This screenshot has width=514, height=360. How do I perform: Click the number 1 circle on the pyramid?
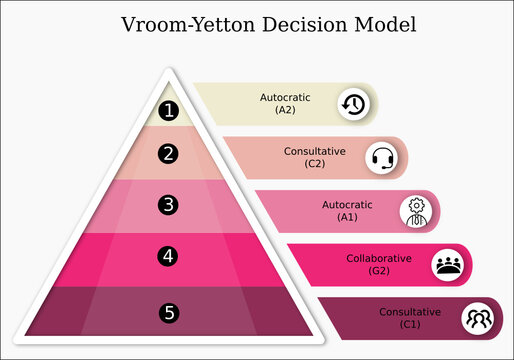(x=169, y=111)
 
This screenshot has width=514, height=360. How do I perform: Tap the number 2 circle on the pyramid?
(x=169, y=154)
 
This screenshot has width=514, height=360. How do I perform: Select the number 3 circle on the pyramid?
(x=169, y=205)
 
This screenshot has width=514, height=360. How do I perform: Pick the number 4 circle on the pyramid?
(x=169, y=256)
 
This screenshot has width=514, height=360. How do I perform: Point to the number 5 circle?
(x=169, y=313)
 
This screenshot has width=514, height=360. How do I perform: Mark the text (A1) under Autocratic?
(x=347, y=216)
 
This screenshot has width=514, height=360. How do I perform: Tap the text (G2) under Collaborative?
(x=379, y=270)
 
